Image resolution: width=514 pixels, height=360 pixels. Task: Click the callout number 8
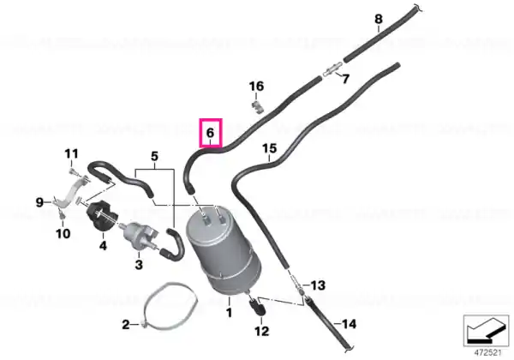(379, 19)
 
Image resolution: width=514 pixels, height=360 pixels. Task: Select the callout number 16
(256, 87)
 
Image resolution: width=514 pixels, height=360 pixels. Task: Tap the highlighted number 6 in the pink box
(210, 133)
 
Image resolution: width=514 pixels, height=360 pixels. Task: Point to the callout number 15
(270, 148)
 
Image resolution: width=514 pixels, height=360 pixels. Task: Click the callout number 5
(154, 156)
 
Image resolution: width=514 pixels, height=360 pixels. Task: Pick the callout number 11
(71, 153)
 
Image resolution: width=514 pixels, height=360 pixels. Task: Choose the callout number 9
(39, 202)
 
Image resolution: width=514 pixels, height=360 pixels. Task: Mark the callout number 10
(63, 234)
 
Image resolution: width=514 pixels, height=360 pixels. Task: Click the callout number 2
(126, 325)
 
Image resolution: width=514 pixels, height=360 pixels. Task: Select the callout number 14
(349, 324)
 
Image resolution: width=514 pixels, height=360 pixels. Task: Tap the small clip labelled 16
(258, 107)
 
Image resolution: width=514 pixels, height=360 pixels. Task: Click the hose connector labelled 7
(332, 70)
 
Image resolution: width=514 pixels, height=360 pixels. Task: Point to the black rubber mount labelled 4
(102, 215)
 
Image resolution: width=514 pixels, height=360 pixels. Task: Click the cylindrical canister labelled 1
(223, 252)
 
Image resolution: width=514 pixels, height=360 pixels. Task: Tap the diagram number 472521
(488, 353)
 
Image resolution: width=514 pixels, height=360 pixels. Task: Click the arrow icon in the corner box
(486, 331)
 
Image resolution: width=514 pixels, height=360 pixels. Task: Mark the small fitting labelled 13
(297, 283)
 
